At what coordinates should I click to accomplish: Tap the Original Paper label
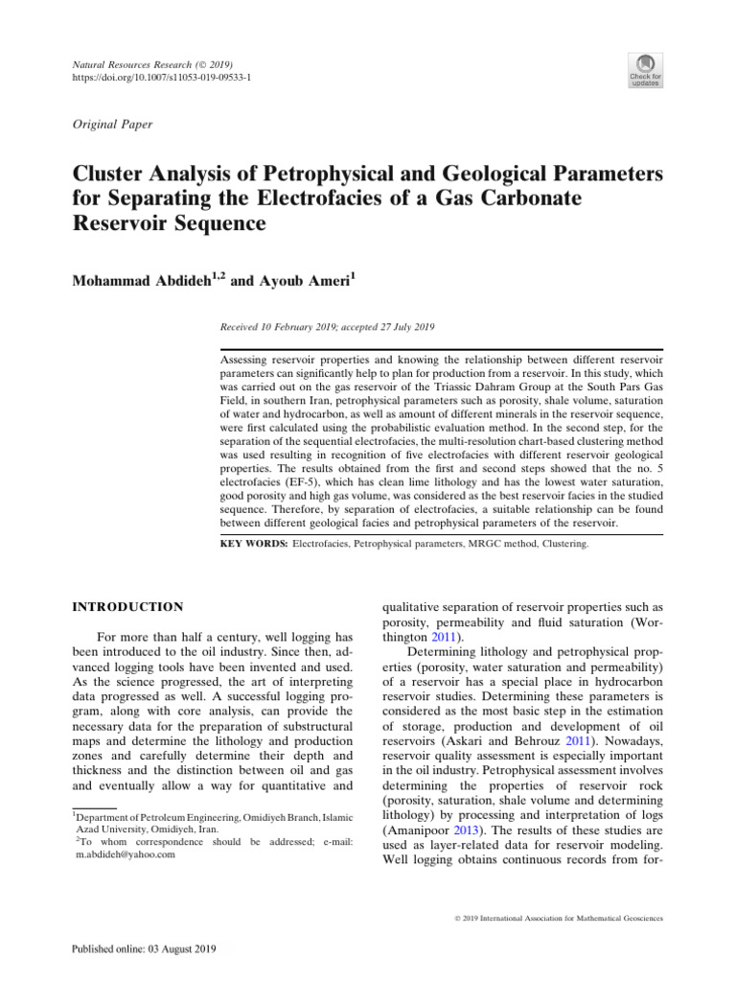(x=113, y=125)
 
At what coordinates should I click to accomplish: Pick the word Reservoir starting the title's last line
(x=122, y=223)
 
